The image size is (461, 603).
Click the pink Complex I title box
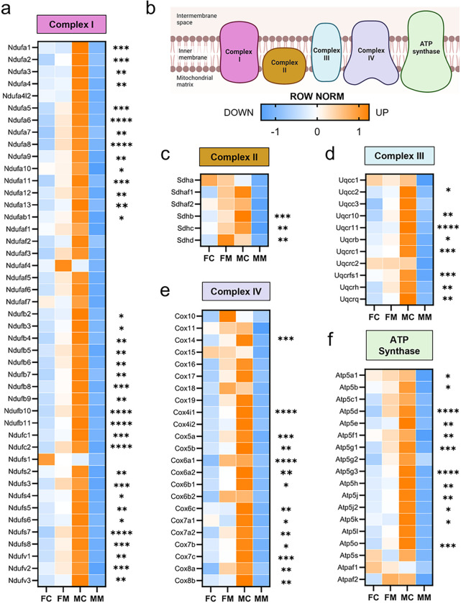(x=73, y=27)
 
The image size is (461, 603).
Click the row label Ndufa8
(x=19, y=144)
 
